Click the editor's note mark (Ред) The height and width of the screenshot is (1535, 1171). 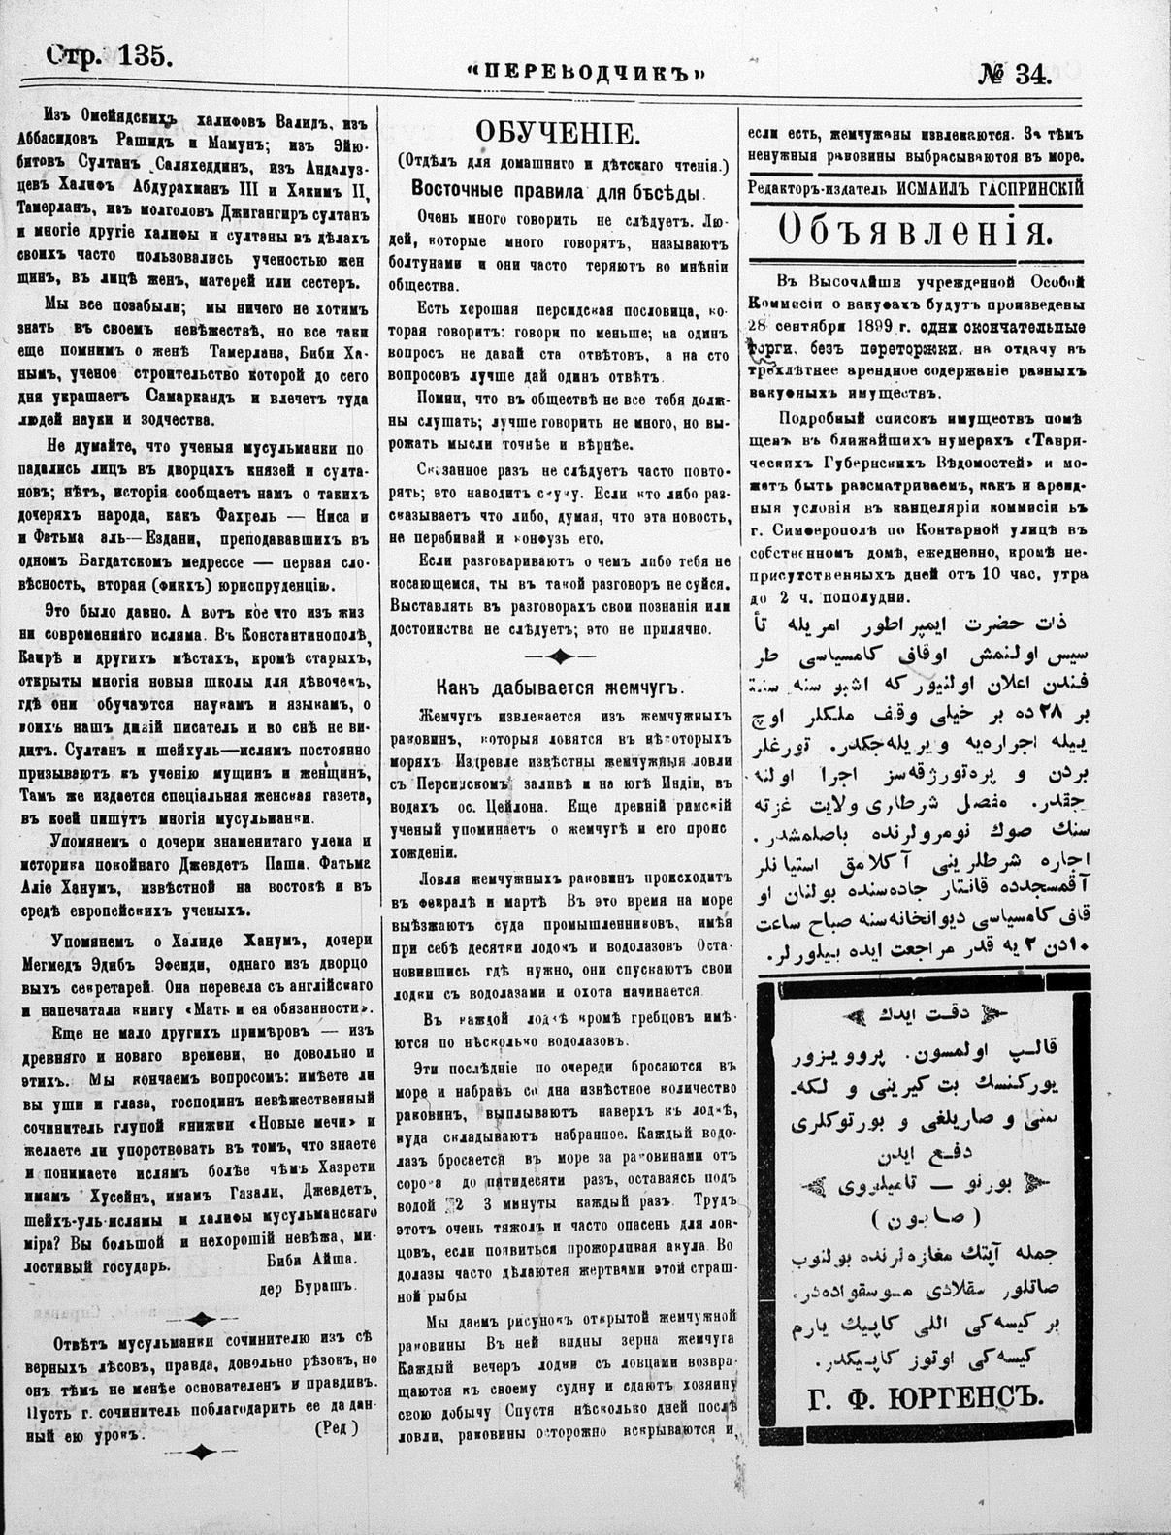pos(335,1426)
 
